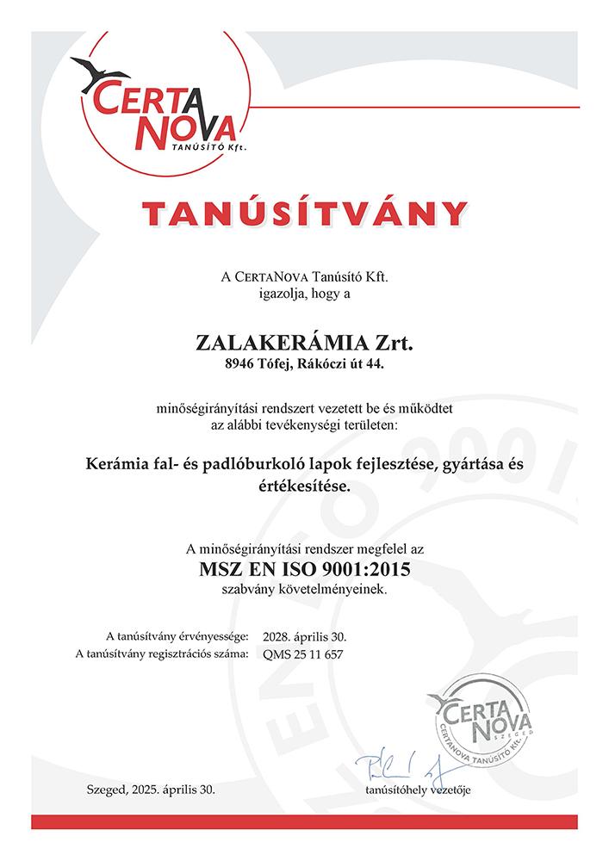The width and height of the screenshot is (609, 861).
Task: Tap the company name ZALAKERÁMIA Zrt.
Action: pos(305,345)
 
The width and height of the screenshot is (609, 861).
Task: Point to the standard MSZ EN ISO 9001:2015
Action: pos(305,569)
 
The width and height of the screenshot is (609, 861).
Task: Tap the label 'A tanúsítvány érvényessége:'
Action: pos(177,637)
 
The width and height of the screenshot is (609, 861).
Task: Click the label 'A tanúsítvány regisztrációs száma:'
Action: pos(162,654)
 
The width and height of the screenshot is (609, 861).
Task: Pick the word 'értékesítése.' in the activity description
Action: pos(305,486)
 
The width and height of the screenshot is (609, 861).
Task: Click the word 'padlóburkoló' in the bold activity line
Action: pos(262,465)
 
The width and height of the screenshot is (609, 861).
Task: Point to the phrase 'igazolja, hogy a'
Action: pos(305,294)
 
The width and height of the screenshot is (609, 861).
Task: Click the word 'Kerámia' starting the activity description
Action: pos(115,465)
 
